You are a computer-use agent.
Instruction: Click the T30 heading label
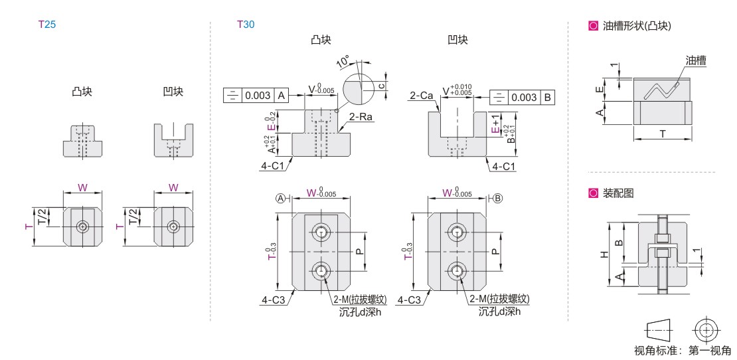(246, 25)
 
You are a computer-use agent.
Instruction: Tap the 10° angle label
(343, 61)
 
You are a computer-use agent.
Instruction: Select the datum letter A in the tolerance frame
(281, 96)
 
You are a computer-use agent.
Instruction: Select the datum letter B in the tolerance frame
(547, 98)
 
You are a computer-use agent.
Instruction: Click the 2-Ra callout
(359, 117)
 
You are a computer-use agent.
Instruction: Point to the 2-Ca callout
(422, 96)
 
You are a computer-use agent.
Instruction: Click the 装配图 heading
(617, 193)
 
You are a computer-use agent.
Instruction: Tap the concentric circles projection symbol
(705, 329)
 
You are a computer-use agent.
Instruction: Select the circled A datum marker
(282, 198)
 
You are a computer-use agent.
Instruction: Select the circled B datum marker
(498, 198)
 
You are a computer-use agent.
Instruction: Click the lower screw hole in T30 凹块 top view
(456, 270)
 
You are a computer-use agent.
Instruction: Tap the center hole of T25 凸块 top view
(82, 226)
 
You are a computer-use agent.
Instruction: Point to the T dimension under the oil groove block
(663, 134)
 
